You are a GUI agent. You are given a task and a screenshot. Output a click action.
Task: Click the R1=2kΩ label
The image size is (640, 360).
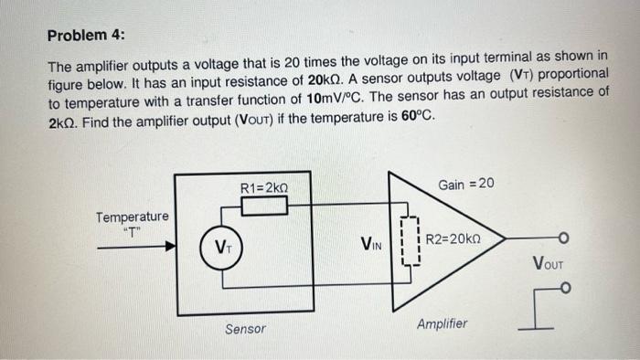tap(263, 187)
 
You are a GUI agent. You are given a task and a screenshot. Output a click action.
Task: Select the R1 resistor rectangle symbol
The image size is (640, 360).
tap(263, 205)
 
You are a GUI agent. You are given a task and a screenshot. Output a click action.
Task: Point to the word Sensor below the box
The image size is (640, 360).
tap(245, 328)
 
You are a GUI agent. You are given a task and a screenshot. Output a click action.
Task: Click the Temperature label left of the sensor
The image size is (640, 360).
tap(133, 217)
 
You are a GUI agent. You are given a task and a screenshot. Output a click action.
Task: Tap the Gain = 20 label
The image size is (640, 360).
tap(466, 185)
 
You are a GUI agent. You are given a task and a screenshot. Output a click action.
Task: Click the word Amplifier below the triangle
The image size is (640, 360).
tap(442, 323)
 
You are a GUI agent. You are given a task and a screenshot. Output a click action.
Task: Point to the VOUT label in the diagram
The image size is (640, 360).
tap(548, 266)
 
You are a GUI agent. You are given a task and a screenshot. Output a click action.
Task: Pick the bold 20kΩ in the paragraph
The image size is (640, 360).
tap(317, 81)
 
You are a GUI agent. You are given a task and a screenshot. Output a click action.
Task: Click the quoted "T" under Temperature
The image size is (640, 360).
tap(132, 230)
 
